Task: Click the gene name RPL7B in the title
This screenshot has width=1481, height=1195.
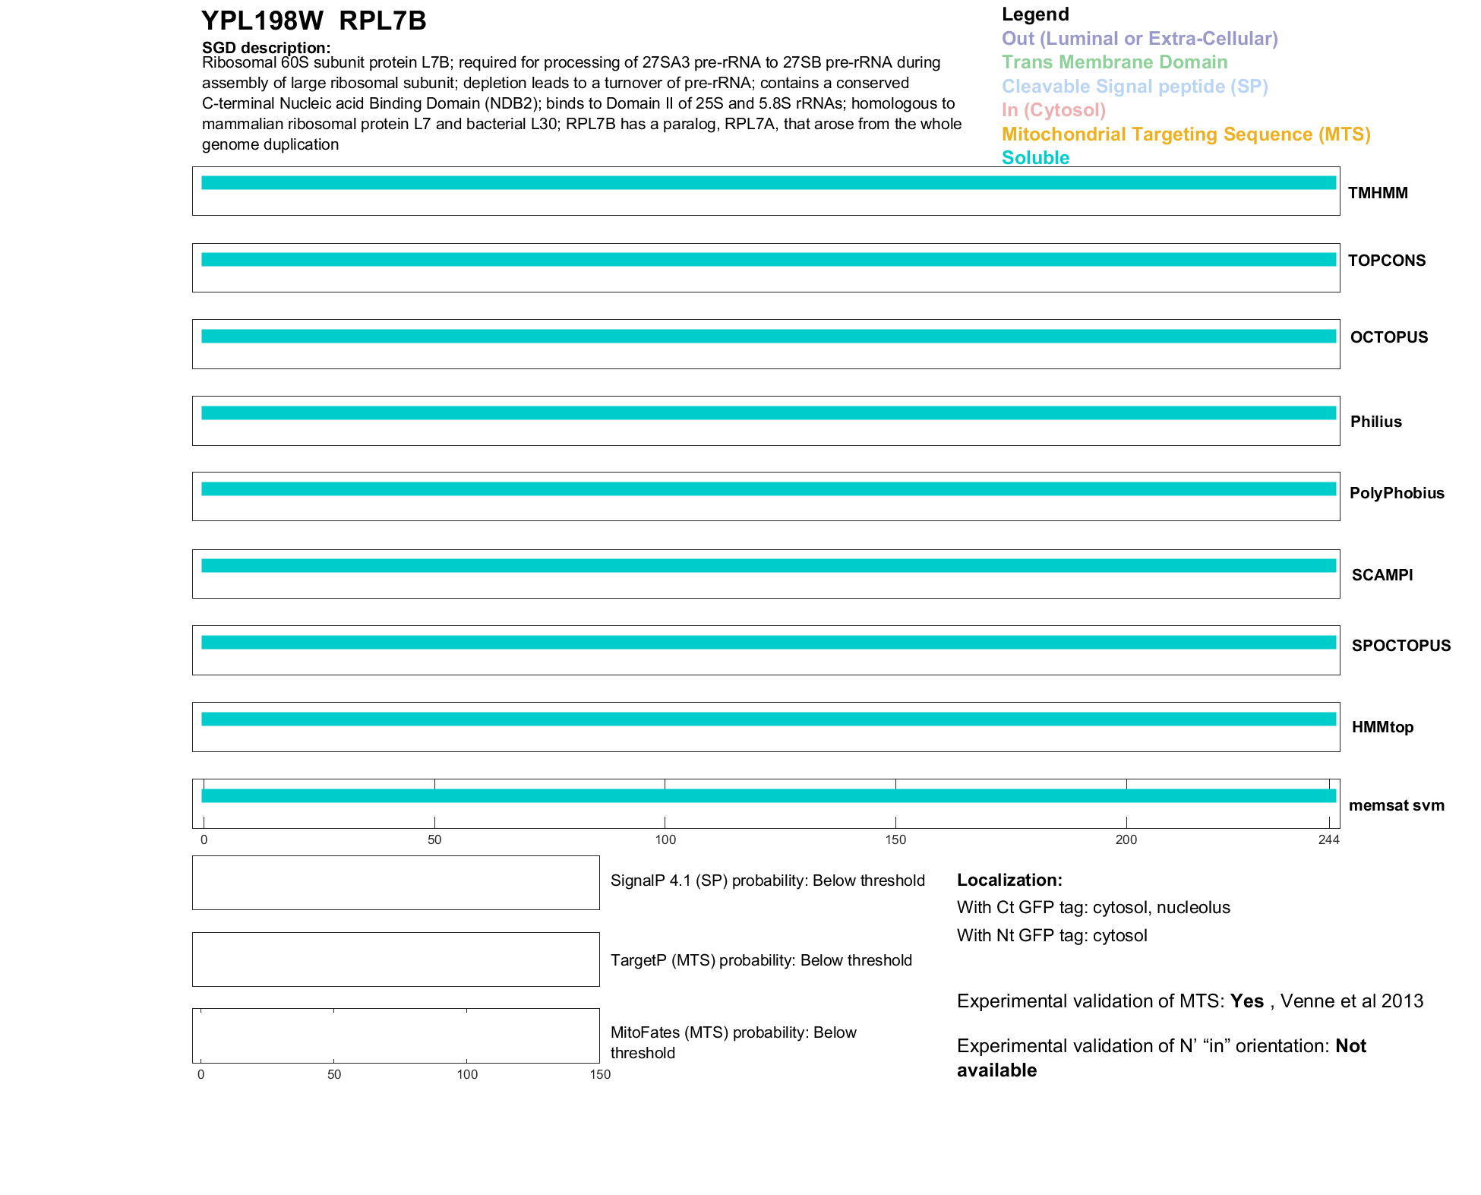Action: click(x=383, y=21)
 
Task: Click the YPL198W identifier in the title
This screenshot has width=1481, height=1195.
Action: click(x=262, y=21)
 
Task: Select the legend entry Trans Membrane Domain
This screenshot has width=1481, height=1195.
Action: click(x=1114, y=62)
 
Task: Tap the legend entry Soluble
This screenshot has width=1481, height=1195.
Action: click(x=1035, y=158)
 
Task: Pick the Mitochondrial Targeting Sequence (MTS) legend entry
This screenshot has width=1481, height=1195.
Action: click(x=1186, y=134)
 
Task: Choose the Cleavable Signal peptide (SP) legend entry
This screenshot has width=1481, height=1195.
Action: click(x=1135, y=87)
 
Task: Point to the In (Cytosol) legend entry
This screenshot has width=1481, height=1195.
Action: click(x=1053, y=110)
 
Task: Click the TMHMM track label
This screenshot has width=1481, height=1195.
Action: click(x=1378, y=193)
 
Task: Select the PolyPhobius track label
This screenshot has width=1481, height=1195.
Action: click(x=1397, y=493)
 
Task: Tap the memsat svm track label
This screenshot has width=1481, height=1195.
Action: click(x=1396, y=805)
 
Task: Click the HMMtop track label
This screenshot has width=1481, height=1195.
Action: click(x=1382, y=727)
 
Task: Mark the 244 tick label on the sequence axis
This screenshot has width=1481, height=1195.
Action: click(x=1328, y=839)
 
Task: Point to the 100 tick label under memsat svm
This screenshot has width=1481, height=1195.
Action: click(x=665, y=839)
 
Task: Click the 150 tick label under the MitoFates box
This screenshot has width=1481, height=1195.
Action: click(x=600, y=1074)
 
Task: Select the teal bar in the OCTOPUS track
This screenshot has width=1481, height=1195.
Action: click(x=767, y=337)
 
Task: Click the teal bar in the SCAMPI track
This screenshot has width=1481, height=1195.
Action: click(x=767, y=566)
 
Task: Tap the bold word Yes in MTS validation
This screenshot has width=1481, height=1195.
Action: click(x=1246, y=1001)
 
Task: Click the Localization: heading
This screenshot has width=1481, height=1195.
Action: click(x=1009, y=880)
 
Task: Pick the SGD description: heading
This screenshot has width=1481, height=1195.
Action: click(x=266, y=48)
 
